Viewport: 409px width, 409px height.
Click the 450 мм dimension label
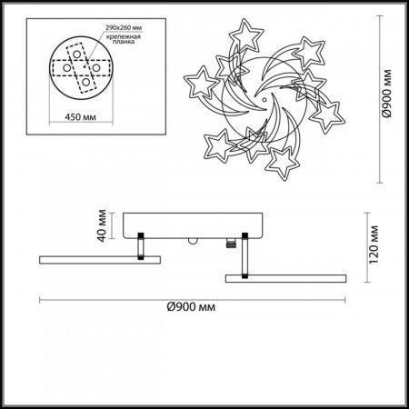pos(80,116)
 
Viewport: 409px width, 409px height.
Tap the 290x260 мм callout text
pos(124,27)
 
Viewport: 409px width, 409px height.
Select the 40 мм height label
pos(102,225)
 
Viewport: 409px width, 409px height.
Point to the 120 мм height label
pos(374,244)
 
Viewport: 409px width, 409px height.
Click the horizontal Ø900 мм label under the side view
pos(191,307)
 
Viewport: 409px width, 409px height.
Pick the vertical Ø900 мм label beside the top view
pos(387,94)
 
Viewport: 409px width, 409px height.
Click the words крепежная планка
pos(124,39)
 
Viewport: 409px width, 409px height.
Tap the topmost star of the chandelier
pos(245,35)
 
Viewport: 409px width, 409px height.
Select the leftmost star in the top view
pos(201,83)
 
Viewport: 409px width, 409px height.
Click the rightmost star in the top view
pos(327,116)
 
